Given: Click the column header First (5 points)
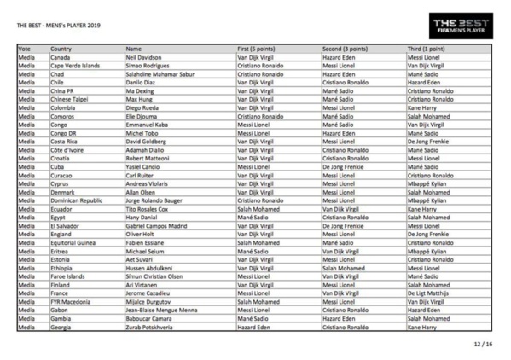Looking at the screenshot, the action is click(x=259, y=49).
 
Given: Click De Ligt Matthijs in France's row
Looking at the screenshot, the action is click(x=433, y=271).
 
